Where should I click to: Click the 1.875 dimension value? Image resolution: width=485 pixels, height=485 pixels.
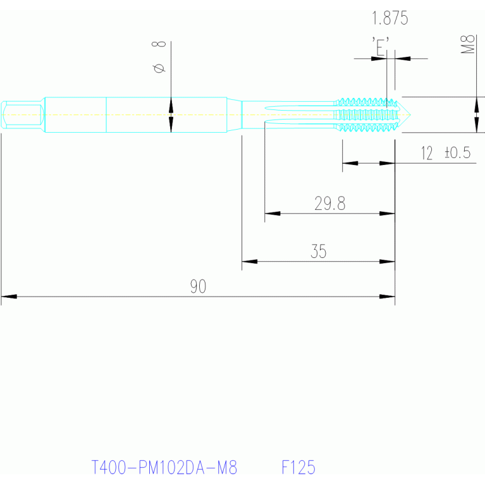390,18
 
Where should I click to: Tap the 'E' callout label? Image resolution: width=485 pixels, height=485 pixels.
380,47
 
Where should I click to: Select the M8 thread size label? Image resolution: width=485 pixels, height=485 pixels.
468,44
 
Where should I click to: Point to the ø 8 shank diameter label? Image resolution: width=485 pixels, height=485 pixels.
159,57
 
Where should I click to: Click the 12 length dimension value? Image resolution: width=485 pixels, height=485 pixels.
427,153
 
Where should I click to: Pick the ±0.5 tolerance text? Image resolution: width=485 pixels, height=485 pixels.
457,152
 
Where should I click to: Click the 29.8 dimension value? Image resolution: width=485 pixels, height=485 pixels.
329,204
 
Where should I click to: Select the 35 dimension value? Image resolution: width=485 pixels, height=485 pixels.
318,251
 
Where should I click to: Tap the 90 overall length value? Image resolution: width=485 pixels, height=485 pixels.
198,286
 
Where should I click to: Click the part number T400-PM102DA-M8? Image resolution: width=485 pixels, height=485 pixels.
164,467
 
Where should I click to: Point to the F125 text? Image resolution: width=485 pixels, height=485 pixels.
298,467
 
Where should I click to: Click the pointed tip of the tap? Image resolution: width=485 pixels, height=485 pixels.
410,114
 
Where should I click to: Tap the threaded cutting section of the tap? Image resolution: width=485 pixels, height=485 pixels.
366,114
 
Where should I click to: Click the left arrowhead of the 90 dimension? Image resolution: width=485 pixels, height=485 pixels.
9,297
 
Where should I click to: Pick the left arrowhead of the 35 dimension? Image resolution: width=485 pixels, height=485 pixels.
249,261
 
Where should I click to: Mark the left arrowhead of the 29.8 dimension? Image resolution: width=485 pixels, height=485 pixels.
273,214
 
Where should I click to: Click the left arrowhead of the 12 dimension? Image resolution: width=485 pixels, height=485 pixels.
350,163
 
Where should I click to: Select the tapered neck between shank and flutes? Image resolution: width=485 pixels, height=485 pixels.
234,114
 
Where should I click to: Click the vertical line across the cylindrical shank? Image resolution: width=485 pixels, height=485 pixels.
106,114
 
